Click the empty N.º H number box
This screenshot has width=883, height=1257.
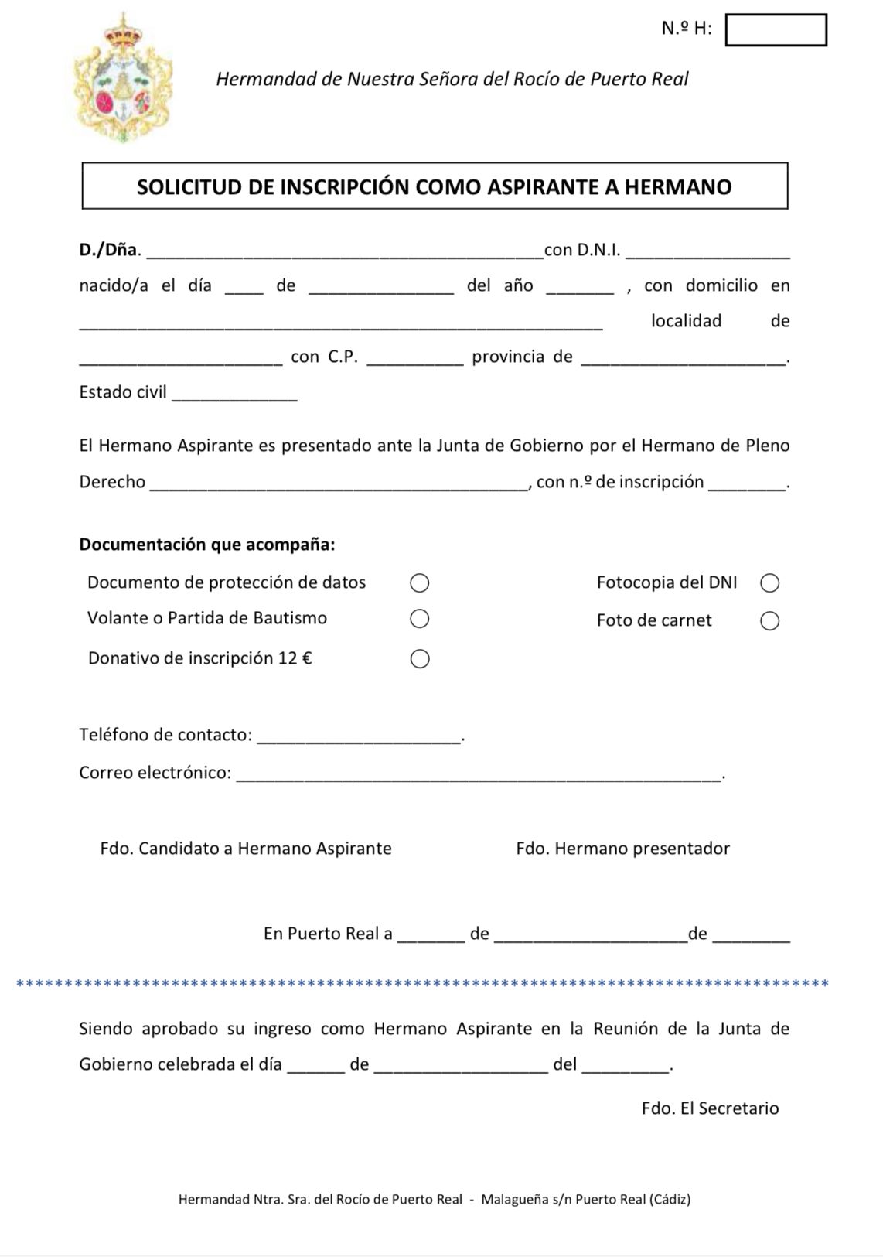[776, 30]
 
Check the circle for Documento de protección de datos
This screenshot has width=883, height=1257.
[419, 582]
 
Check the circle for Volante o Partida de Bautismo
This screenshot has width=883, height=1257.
[419, 619]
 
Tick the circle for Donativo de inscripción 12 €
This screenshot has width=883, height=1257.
[419, 659]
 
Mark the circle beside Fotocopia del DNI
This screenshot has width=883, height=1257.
[769, 582]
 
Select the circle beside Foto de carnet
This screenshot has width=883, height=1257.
[769, 621]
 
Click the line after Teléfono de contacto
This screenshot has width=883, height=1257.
[358, 738]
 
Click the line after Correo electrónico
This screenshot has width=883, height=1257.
[477, 776]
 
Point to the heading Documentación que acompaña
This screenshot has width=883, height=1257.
[207, 545]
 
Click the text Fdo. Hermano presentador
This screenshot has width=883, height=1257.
[622, 849]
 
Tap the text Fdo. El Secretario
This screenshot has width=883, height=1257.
[710, 1108]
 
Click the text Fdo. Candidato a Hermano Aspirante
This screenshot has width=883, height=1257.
[246, 849]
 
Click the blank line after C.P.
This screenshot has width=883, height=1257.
[414, 360]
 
